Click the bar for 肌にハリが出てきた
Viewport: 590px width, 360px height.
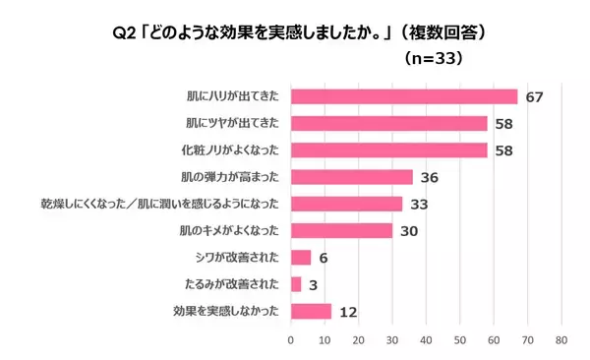(x=403, y=96)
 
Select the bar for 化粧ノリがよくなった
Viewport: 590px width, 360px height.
(x=388, y=150)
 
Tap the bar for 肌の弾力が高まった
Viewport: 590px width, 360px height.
(x=351, y=177)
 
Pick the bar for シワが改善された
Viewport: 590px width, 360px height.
(x=300, y=257)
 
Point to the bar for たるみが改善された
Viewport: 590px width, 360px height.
(x=295, y=284)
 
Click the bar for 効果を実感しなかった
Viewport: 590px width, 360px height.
(x=310, y=311)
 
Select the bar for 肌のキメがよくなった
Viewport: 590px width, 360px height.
(x=341, y=230)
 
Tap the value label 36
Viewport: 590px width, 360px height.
(x=428, y=178)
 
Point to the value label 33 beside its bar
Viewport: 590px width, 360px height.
(x=418, y=205)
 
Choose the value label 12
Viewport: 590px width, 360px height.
(x=346, y=312)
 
